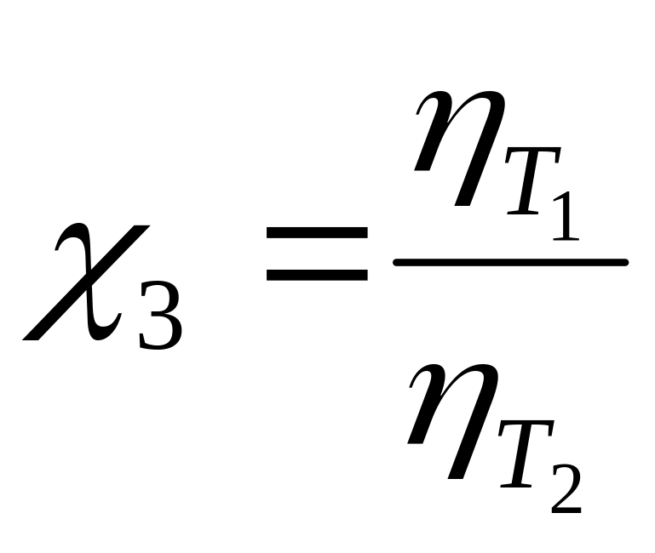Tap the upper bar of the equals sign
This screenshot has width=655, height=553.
pyautogui.click(x=317, y=231)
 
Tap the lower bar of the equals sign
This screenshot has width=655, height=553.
pyautogui.click(x=317, y=274)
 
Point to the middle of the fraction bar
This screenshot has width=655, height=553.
pyautogui.click(x=510, y=262)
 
